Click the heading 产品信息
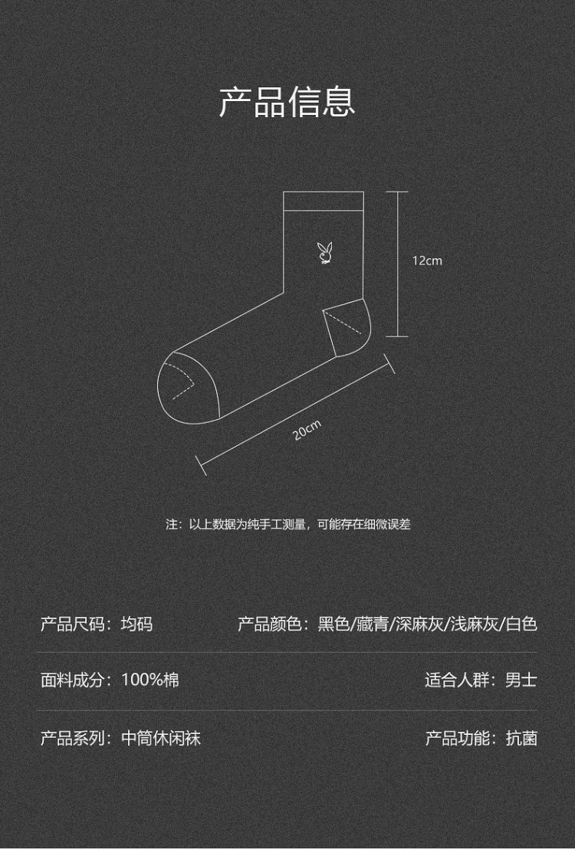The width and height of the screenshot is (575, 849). point(287,101)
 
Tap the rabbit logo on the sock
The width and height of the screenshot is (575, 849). point(324,254)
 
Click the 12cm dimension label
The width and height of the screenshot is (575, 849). point(427,261)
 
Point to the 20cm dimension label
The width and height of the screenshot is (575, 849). point(307,430)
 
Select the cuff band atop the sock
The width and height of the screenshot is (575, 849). point(324,202)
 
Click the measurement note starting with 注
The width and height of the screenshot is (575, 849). point(287,524)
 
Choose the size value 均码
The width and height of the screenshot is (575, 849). point(136,624)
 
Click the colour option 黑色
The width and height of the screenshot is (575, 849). point(333,624)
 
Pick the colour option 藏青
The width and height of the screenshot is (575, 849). point(373,624)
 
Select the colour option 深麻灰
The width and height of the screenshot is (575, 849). point(419,624)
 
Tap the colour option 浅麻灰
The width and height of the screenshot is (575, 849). point(475,624)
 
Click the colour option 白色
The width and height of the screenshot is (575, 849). point(521,624)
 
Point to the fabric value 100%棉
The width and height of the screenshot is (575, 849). point(150,680)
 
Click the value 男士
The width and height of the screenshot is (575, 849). point(521,680)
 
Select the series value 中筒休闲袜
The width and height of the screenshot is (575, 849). point(161,738)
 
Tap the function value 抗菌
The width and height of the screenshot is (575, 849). point(521,738)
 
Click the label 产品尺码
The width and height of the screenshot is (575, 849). point(73,624)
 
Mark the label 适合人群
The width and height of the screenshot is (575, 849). point(457,680)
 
